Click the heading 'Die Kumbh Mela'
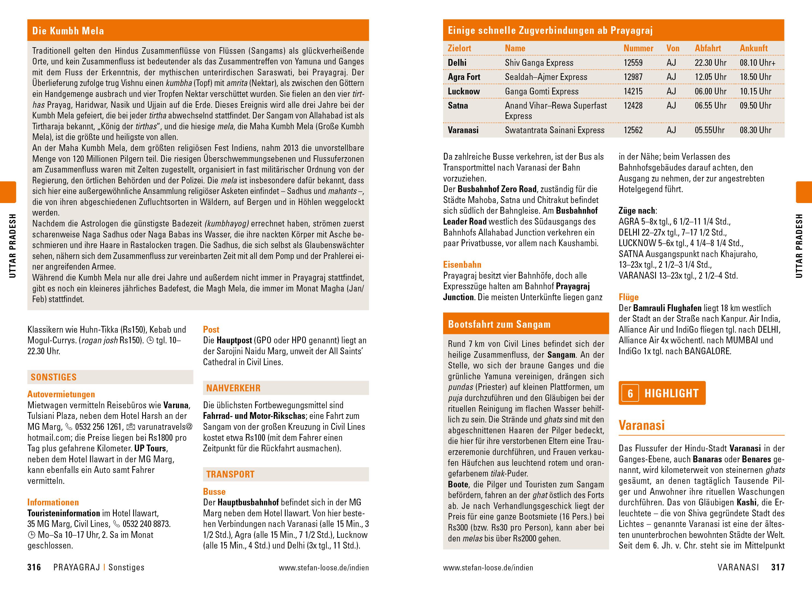point(68,31)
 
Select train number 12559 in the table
point(633,63)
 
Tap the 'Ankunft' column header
point(754,48)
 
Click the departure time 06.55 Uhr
point(710,106)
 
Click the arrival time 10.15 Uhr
point(755,91)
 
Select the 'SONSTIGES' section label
point(54,377)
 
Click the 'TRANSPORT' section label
point(230,474)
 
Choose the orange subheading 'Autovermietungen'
point(61,394)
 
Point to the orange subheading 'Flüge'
point(628,297)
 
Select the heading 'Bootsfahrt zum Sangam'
point(499,324)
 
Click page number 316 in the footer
point(34,568)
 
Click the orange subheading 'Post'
point(211,330)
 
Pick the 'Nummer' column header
point(638,48)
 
